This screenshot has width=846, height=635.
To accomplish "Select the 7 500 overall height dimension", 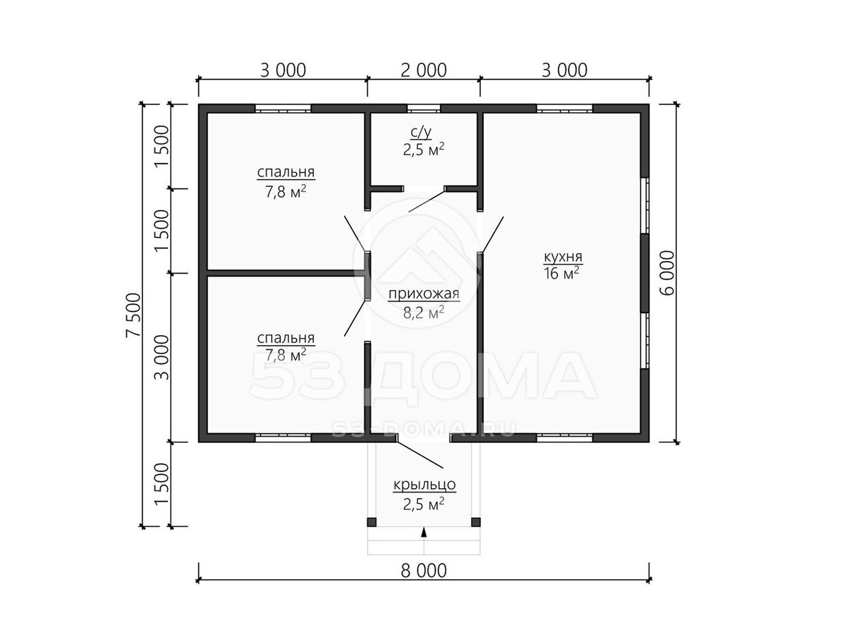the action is [133, 315].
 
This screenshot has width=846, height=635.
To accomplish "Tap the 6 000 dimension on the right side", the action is [667, 273].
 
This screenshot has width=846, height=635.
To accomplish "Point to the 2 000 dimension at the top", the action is [423, 70].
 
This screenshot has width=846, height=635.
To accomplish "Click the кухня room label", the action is [563, 256].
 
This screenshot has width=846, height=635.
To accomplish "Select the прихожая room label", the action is [424, 294].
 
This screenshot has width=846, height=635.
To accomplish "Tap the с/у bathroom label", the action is [420, 132].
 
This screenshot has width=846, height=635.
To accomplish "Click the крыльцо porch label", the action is [424, 484].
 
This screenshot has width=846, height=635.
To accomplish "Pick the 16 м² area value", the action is [561, 273].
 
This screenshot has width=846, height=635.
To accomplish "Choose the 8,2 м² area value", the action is [424, 313].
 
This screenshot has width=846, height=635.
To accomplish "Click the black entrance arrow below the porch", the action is [424, 533].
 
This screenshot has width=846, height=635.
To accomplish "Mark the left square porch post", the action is [372, 522].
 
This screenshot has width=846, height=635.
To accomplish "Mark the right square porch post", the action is [476, 522].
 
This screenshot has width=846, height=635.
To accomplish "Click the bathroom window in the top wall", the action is [424, 109].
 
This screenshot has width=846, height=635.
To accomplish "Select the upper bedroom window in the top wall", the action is [283, 109].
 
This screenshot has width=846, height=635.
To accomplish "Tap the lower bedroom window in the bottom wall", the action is [283, 437].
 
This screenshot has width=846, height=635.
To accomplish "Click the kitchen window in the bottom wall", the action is [565, 437].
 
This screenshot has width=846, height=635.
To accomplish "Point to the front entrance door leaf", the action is [420, 454].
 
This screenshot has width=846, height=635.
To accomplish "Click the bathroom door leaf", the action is [427, 200].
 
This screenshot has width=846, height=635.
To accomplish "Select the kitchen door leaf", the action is [493, 234].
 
